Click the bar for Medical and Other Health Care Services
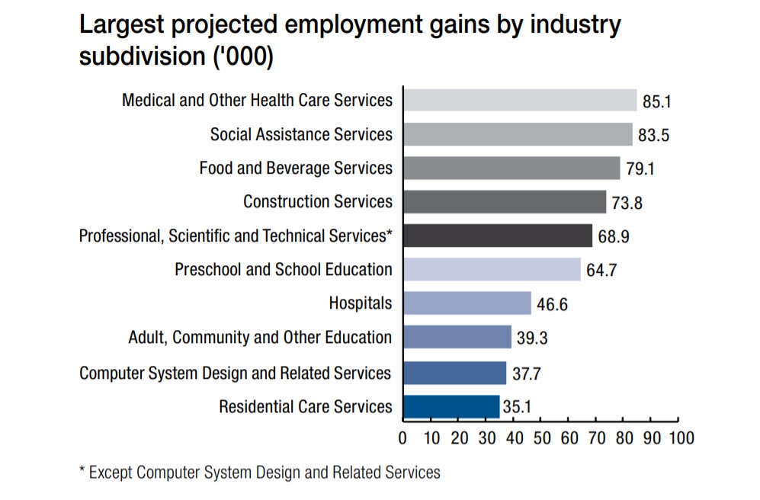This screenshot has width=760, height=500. (x=520, y=101)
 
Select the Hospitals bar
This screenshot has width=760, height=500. (x=467, y=303)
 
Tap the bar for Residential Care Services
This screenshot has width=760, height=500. (x=451, y=406)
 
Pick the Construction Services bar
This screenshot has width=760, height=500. (x=505, y=202)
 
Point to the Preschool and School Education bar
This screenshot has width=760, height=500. (x=492, y=270)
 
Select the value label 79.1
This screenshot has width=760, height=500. (x=640, y=169)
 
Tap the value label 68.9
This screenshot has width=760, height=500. (x=614, y=236)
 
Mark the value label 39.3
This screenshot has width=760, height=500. (x=532, y=338)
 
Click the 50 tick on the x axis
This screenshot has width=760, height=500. (x=542, y=439)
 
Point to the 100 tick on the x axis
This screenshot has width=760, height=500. (x=681, y=439)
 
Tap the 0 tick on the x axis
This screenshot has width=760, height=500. (x=403, y=439)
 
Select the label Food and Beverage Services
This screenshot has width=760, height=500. (x=296, y=168)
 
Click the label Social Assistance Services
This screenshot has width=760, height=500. (x=301, y=134)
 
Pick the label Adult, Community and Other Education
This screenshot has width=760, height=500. (x=260, y=337)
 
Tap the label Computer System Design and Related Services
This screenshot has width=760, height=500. (x=236, y=373)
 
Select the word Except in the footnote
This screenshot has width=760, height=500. (x=112, y=473)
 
